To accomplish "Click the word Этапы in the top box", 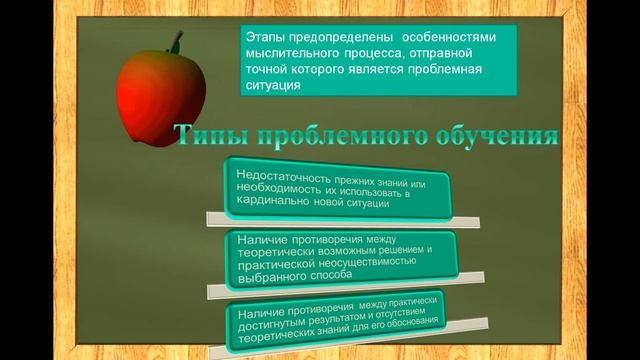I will pos(265,35).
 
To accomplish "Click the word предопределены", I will pos(340,35).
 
